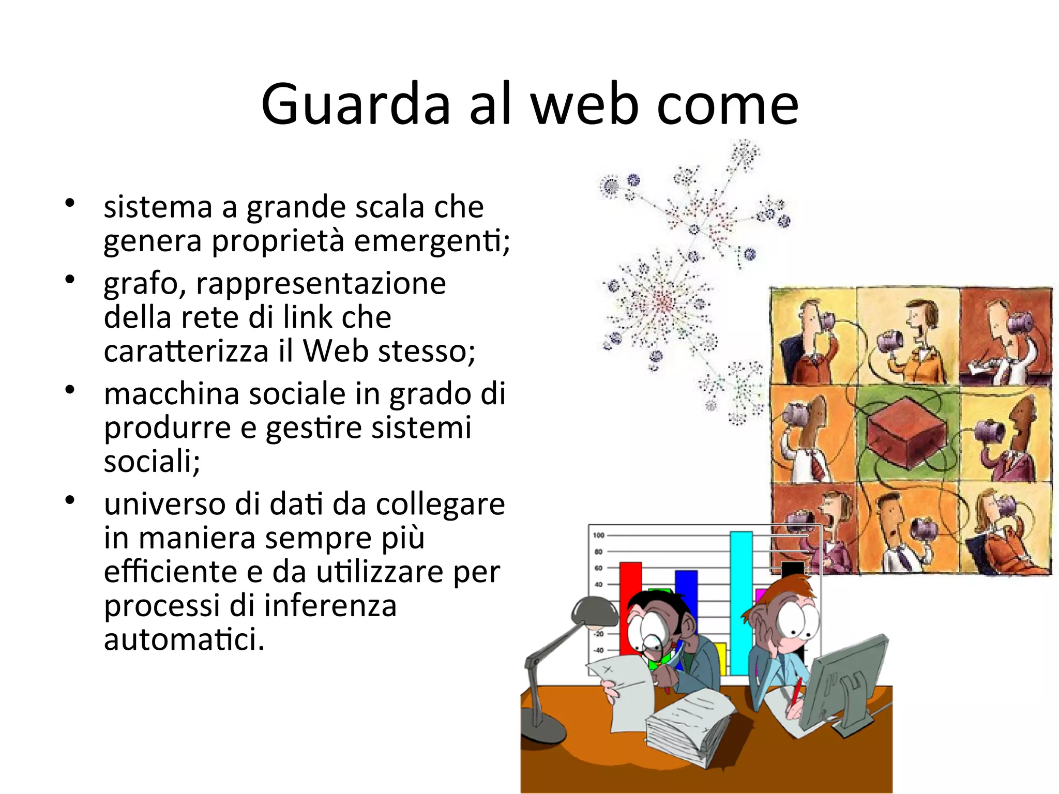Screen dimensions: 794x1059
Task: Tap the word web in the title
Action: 584,105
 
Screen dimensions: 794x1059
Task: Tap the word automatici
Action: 184,639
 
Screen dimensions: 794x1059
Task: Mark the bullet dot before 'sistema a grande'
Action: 70,202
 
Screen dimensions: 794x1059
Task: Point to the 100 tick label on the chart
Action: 598,535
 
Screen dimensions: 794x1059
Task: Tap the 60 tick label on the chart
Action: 598,568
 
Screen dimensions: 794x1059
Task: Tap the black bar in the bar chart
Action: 792,569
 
